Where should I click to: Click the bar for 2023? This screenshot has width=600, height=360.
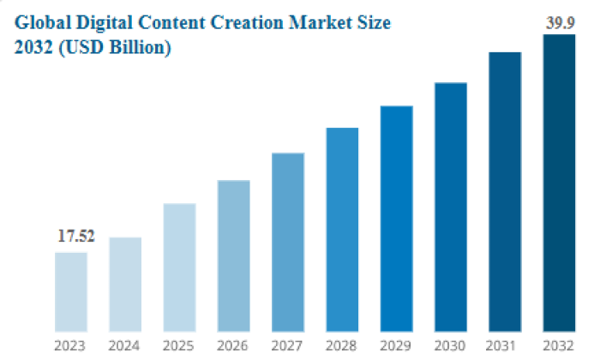pyautogui.click(x=70, y=291)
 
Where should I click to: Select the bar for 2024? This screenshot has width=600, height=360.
pyautogui.click(x=125, y=284)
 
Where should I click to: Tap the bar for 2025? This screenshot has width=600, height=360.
pyautogui.click(x=179, y=267)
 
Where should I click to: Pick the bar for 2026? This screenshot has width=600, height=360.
pyautogui.click(x=233, y=255)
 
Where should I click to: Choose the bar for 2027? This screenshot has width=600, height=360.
pyautogui.click(x=288, y=242)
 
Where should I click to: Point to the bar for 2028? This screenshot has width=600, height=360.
pyautogui.click(x=342, y=229)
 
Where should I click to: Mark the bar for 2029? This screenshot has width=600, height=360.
pyautogui.click(x=396, y=219)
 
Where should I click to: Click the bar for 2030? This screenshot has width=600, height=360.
pyautogui.click(x=451, y=207)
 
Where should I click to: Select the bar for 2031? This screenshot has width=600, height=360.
pyautogui.click(x=505, y=191)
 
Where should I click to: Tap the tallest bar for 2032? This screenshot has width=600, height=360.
pyautogui.click(x=559, y=183)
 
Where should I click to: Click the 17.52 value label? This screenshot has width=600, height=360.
pyautogui.click(x=75, y=237)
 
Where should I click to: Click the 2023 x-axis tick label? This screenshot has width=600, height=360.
pyautogui.click(x=70, y=345)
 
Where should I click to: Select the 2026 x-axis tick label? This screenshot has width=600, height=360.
pyautogui.click(x=233, y=345)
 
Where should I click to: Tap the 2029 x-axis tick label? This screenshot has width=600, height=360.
pyautogui.click(x=396, y=345)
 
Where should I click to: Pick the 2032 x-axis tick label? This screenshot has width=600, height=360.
pyautogui.click(x=559, y=345)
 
